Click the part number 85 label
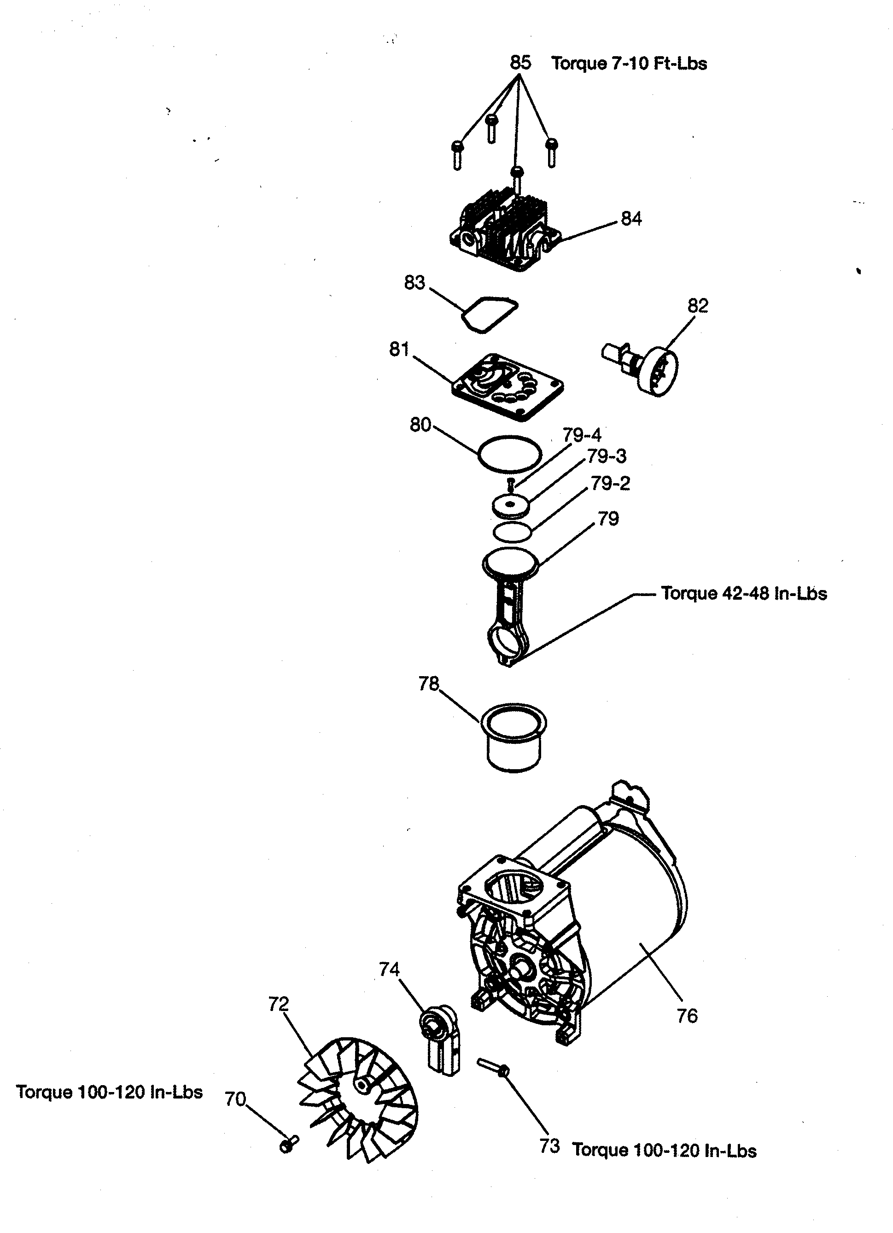(519, 63)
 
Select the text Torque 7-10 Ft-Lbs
(629, 64)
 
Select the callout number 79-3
(606, 456)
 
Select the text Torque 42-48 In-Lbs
(743, 593)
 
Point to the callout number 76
(687, 1016)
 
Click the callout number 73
(549, 1146)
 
